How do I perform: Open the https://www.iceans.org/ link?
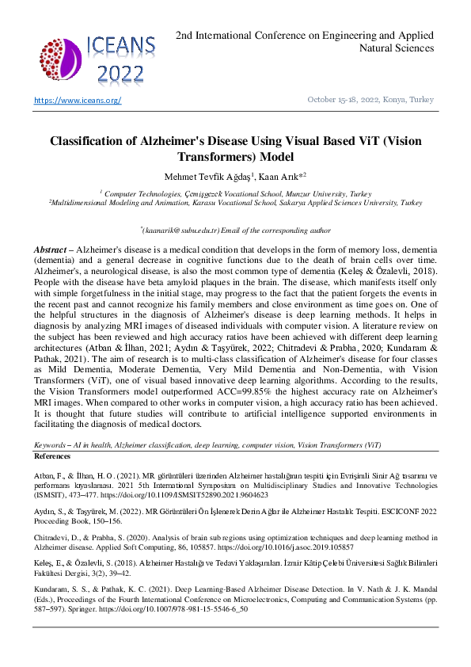click(77, 100)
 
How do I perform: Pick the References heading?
click(52, 457)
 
